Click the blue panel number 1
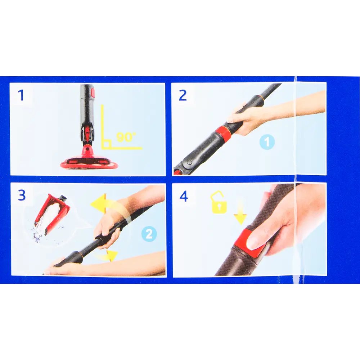point(21,95)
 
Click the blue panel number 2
point(183,95)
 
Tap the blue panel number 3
point(22,195)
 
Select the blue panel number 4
point(184,196)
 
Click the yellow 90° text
point(126,137)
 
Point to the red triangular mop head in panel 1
point(89,161)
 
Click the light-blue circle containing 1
point(267,142)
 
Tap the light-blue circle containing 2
point(149,234)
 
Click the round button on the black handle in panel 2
point(190,162)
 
